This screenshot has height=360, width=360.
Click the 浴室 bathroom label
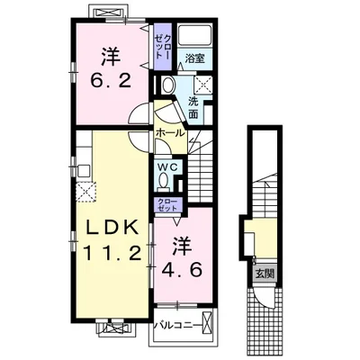point(195,59)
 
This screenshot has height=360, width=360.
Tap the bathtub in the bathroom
point(194,39)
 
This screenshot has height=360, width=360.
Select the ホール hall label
point(169,133)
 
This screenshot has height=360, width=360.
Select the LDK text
point(105,228)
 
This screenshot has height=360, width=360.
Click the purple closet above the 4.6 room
point(166,204)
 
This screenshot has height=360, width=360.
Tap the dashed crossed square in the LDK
point(86,192)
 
